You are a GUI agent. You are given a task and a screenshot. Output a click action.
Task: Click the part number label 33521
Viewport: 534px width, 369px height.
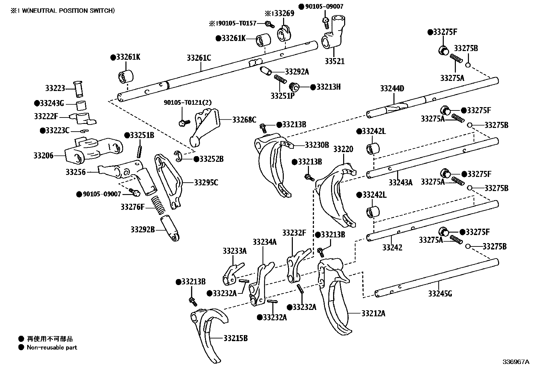click(x=334, y=62)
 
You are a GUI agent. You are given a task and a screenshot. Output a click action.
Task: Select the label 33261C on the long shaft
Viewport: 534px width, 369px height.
click(x=199, y=58)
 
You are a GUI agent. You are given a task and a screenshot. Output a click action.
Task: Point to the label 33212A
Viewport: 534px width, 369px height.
click(x=373, y=314)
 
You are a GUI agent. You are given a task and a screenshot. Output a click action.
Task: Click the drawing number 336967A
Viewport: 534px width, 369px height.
click(x=515, y=362)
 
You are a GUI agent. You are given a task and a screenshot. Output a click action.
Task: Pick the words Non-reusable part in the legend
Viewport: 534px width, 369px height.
click(x=52, y=348)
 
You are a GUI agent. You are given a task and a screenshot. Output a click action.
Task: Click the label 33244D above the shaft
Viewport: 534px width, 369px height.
click(x=392, y=89)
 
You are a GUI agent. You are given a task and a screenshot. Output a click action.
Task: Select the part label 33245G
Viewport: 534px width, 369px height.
click(x=440, y=294)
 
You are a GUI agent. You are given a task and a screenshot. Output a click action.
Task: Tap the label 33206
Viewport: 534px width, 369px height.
click(x=43, y=155)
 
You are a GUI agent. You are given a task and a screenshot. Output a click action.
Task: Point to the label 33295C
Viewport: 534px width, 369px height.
click(x=206, y=183)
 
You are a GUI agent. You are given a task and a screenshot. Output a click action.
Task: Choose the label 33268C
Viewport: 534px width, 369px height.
click(x=244, y=120)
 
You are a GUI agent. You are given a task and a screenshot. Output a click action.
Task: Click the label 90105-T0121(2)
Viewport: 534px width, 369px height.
click(x=188, y=102)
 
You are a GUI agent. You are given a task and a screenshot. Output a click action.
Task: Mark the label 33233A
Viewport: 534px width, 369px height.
click(x=234, y=251)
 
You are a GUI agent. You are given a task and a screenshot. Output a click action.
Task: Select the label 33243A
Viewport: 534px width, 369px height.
click(x=400, y=182)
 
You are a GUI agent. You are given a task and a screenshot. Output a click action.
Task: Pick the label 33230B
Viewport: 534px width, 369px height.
click(x=317, y=145)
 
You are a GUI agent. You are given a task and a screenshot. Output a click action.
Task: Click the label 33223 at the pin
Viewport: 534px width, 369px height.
click(x=55, y=88)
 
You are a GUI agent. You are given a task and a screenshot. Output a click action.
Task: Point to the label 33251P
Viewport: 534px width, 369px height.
click(x=282, y=96)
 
